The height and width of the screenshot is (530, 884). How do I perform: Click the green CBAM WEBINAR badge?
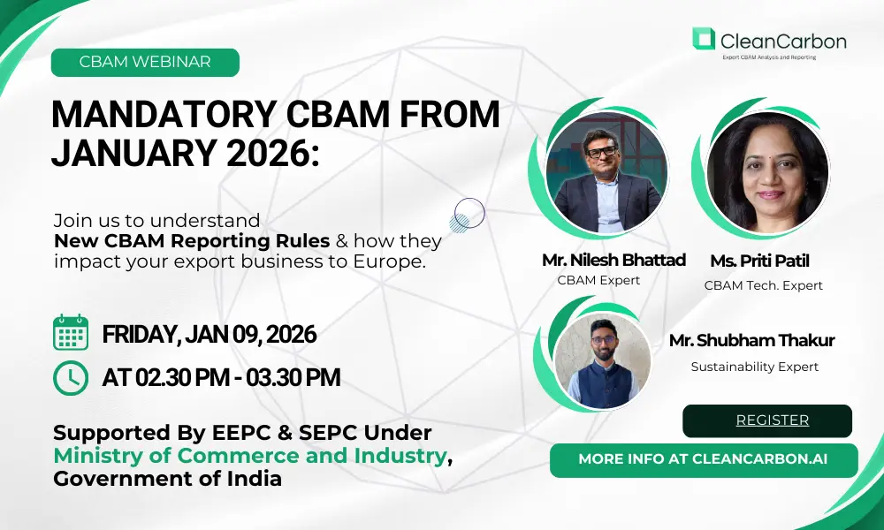pyautogui.click(x=145, y=62)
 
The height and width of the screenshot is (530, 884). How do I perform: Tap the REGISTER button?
pyautogui.click(x=767, y=420)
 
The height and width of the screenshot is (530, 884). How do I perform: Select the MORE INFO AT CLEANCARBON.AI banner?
pyautogui.click(x=704, y=460)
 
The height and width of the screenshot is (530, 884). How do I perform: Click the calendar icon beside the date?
pyautogui.click(x=71, y=332)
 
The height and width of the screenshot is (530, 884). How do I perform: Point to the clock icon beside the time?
pyautogui.click(x=71, y=378)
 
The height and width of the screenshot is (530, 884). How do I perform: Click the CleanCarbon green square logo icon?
pyautogui.click(x=704, y=38)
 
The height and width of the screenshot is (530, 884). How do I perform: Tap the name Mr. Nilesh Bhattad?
pyautogui.click(x=613, y=261)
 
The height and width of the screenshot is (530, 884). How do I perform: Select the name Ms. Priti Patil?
pyautogui.click(x=759, y=261)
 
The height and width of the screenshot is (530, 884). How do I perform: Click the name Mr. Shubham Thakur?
pyautogui.click(x=751, y=341)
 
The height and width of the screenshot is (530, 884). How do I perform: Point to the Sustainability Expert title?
pyautogui.click(x=754, y=367)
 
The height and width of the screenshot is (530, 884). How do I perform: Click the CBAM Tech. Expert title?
pyautogui.click(x=764, y=285)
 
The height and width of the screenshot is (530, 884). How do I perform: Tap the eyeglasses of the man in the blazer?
pyautogui.click(x=601, y=152)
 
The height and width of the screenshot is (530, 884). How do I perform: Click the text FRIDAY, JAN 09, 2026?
pyautogui.click(x=210, y=335)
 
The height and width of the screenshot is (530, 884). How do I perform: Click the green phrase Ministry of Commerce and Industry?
pyautogui.click(x=250, y=456)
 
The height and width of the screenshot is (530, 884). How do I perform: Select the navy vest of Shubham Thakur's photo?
pyautogui.click(x=602, y=385)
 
